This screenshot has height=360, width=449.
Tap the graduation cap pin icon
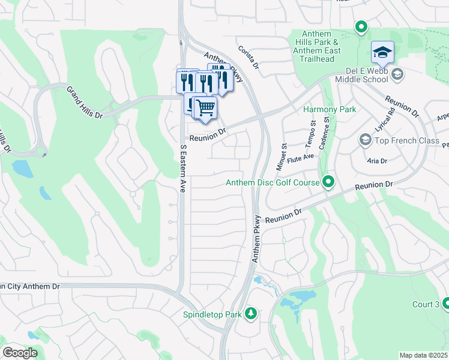pyautogui.click(x=382, y=53)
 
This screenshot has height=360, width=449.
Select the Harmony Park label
pyautogui.click(x=330, y=109)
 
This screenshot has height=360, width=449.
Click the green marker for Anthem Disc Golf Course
pyautogui.click(x=328, y=182)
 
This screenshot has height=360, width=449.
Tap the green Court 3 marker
pyautogui.click(x=445, y=304)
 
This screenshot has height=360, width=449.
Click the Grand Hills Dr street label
pyautogui.click(x=85, y=102)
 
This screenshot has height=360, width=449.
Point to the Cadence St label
pyautogui.click(x=327, y=128)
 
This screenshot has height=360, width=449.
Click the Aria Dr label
pyautogui.click(x=378, y=161)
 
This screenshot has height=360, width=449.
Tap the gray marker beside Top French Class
pyautogui.click(x=365, y=140)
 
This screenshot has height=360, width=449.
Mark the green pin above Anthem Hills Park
pyautogui.click(x=361, y=26)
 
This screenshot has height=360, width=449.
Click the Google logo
pyautogui.click(x=20, y=353)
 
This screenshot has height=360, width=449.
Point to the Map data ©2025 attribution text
pyautogui.click(x=423, y=355)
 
